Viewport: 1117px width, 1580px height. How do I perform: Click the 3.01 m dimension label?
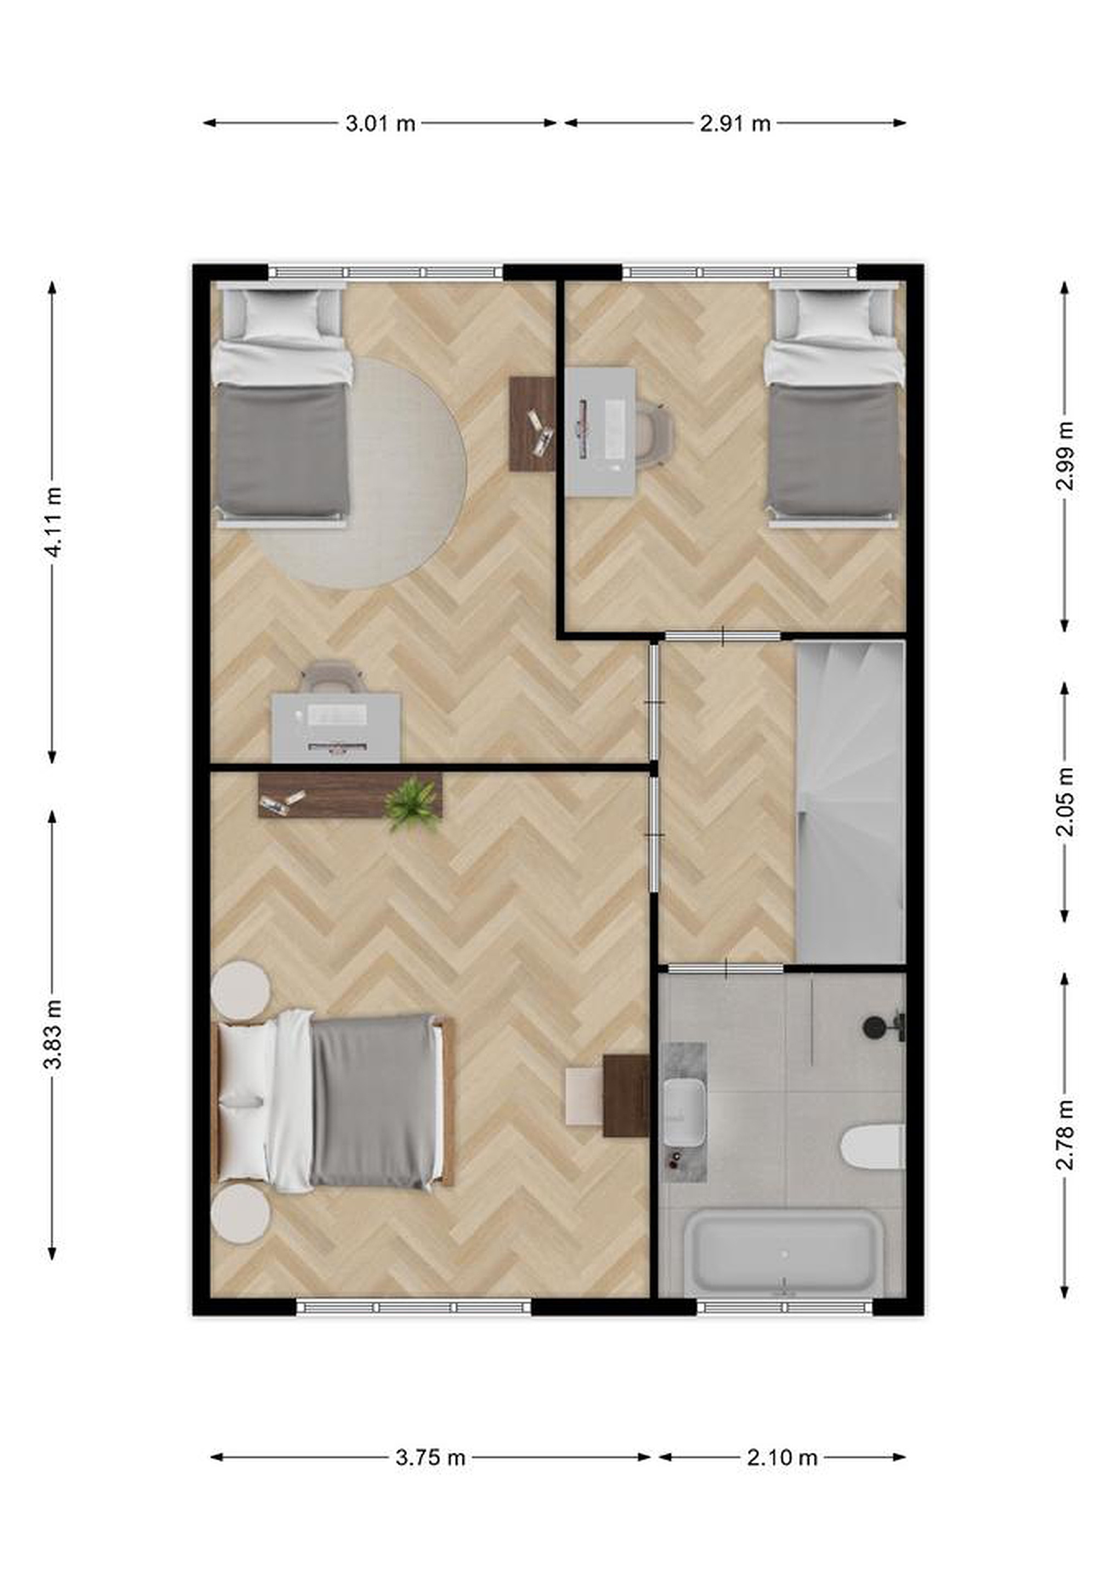(379, 124)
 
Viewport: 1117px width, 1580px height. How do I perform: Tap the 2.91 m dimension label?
(735, 124)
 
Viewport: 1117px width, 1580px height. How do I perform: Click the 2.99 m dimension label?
(1065, 455)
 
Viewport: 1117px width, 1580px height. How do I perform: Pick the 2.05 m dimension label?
(1065, 802)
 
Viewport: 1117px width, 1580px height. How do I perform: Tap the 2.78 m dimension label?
(1065, 1135)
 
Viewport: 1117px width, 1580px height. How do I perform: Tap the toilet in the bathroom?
(873, 1147)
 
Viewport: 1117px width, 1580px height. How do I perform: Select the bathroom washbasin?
(684, 1113)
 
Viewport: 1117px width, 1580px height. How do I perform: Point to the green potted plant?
(411, 804)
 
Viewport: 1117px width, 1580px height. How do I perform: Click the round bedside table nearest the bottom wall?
(240, 1213)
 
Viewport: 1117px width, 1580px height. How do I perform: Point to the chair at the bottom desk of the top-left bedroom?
(333, 678)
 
